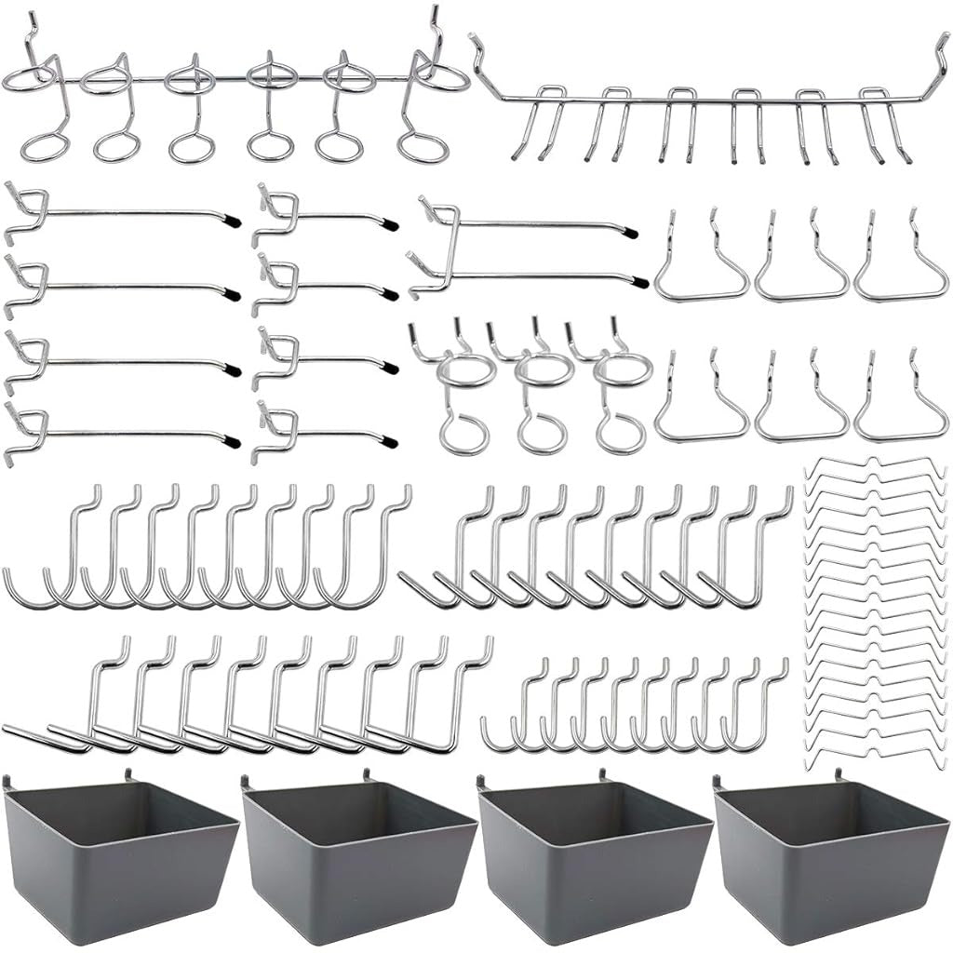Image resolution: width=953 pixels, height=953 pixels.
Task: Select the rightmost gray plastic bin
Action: tap(830, 851)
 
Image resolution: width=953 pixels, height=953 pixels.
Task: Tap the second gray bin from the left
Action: tap(357, 851)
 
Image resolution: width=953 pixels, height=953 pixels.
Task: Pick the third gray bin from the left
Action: tap(594, 851)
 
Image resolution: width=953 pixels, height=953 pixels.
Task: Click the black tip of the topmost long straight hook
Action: tap(233, 221)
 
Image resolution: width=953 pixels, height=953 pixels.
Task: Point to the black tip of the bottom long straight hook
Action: tap(233, 441)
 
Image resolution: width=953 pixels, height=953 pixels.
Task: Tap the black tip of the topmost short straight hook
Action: tap(391, 224)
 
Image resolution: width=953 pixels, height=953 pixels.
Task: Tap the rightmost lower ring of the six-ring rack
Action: tap(423, 148)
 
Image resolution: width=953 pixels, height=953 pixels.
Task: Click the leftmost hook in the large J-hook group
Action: tap(37, 558)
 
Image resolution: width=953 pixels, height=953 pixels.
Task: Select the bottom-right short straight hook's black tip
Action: tap(390, 440)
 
